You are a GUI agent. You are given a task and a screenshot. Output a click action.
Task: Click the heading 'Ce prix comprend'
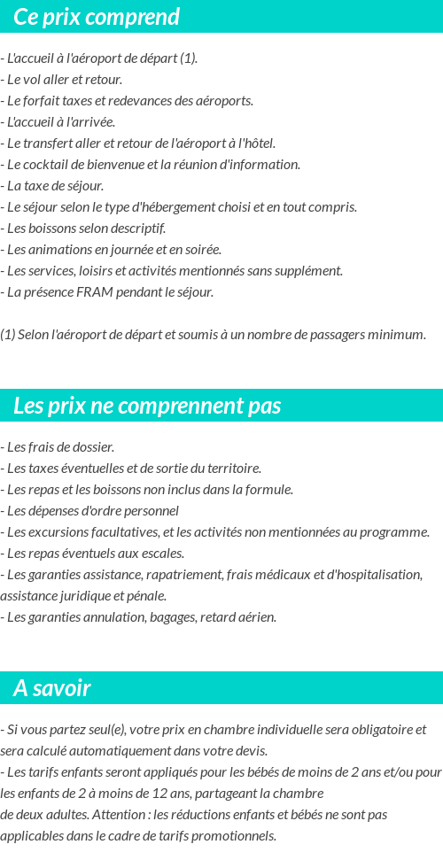pyautogui.click(x=97, y=17)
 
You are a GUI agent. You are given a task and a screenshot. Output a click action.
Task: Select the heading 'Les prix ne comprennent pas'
pyautogui.click(x=147, y=406)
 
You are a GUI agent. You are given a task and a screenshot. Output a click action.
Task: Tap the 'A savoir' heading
pyautogui.click(x=52, y=688)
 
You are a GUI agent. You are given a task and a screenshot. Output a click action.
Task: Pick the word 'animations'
pyautogui.click(x=59, y=250)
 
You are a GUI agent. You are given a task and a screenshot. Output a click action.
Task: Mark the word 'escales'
pyautogui.click(x=161, y=554)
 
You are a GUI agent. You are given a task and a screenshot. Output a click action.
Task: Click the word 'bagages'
pyautogui.click(x=172, y=617)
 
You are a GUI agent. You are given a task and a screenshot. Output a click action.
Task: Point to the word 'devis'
pyautogui.click(x=248, y=751)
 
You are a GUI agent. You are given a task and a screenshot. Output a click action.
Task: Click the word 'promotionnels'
pyautogui.click(x=236, y=836)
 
